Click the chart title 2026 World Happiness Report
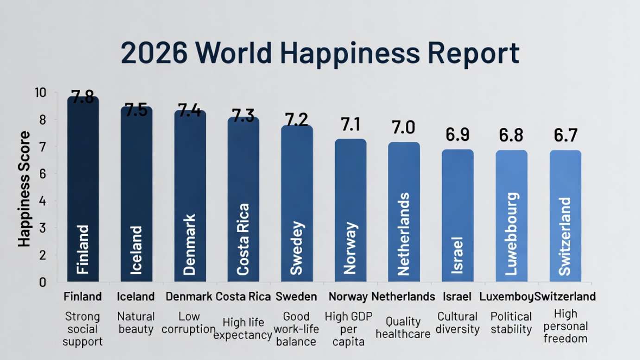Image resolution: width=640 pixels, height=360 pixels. [x=320, y=53]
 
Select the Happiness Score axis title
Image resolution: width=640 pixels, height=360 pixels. [x=25, y=189]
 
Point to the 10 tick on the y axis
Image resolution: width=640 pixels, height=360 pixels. [x=40, y=93]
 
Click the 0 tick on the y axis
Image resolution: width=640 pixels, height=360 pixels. [x=43, y=282]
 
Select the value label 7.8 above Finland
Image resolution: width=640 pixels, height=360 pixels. [x=82, y=98]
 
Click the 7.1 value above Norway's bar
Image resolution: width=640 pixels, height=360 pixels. [x=350, y=125]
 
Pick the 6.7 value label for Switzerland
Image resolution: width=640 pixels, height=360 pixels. [x=565, y=135]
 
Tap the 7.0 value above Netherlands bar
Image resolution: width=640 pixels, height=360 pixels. [x=404, y=127]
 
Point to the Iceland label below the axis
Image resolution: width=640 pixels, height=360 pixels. [x=136, y=297]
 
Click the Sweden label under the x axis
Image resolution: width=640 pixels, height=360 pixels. [x=296, y=297]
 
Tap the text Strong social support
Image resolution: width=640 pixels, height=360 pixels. [x=82, y=329]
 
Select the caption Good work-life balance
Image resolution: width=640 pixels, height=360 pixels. [x=296, y=329]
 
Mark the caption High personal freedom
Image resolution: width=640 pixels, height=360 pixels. [x=565, y=326]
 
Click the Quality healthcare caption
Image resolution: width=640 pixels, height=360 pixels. [x=403, y=328]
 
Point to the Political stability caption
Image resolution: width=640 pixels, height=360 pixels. [x=511, y=323]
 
